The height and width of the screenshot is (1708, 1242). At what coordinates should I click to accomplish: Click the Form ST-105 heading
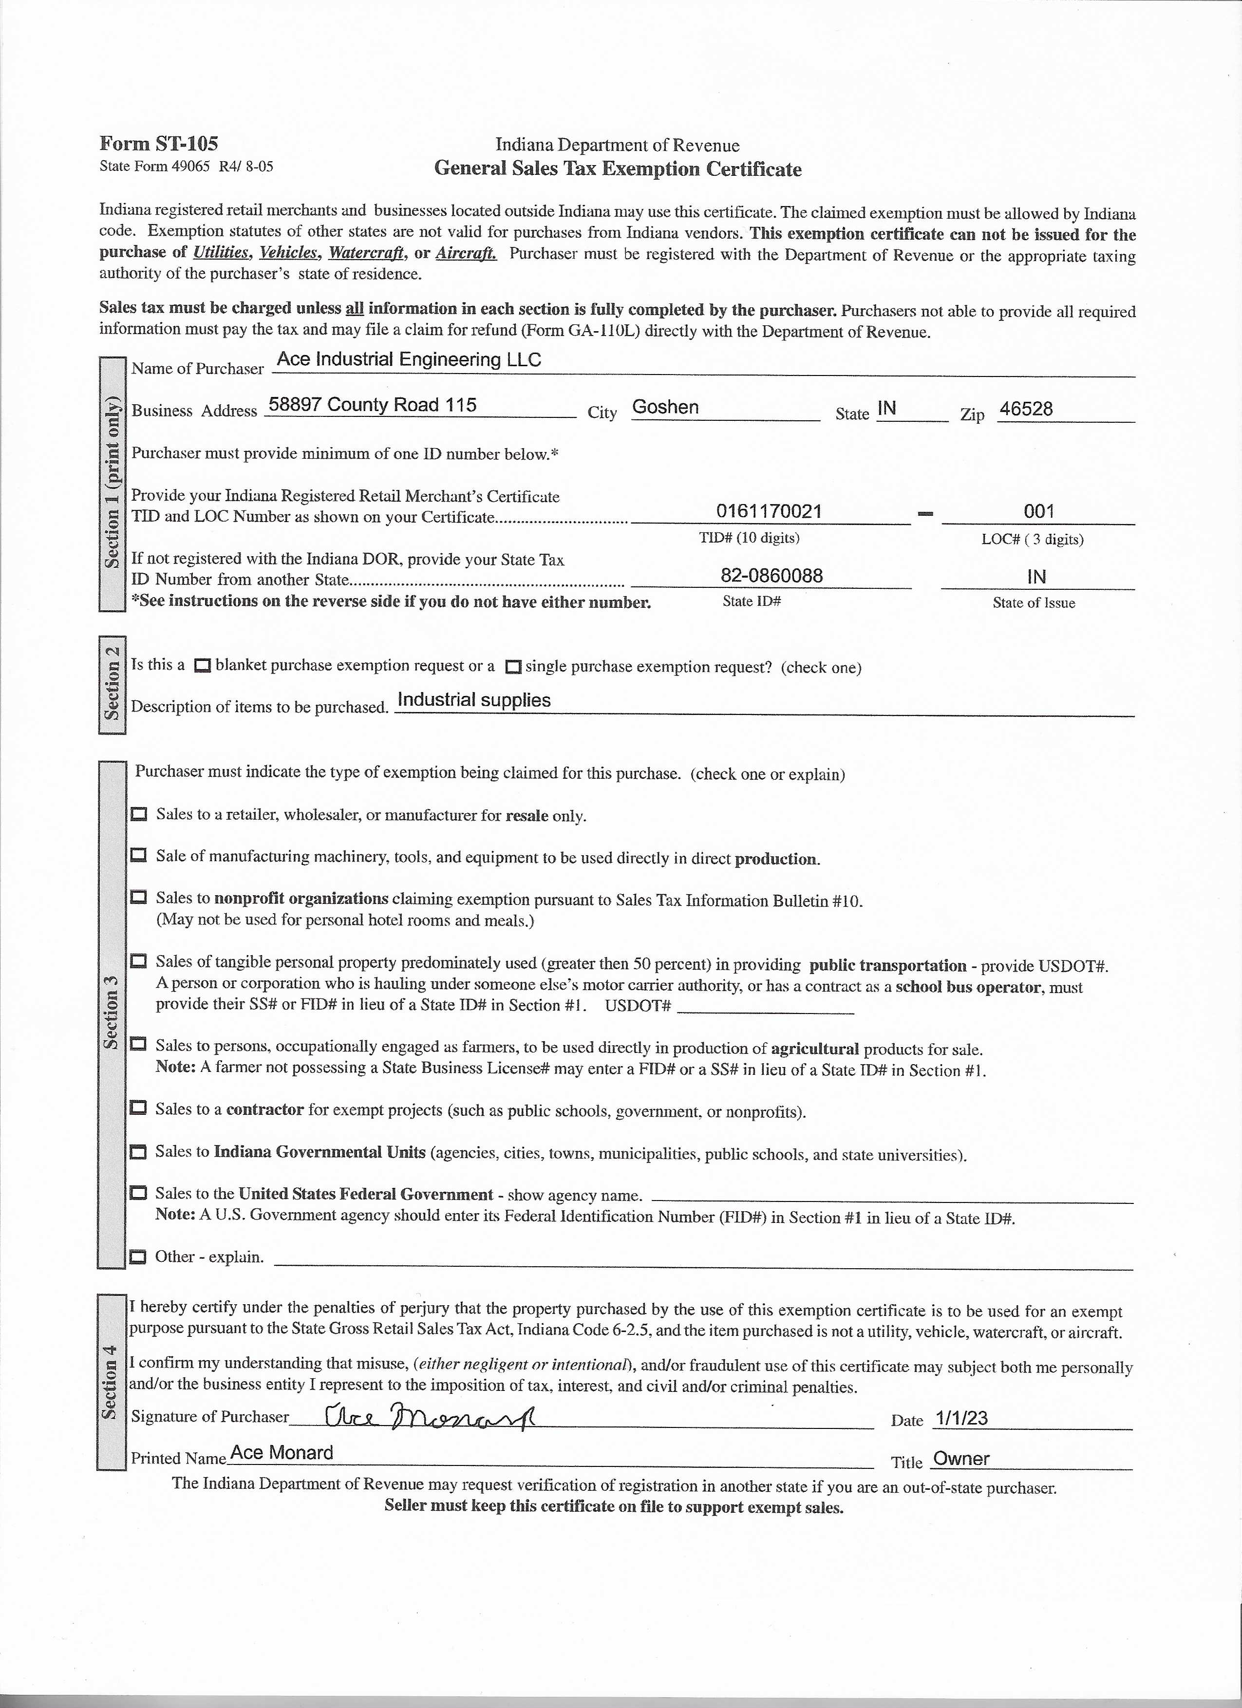tap(158, 144)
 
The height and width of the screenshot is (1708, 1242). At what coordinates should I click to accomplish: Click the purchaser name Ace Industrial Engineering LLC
tap(409, 360)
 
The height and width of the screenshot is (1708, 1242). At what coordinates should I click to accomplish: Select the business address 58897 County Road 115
tap(373, 405)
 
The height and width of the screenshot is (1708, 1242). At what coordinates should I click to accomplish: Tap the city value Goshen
tap(665, 408)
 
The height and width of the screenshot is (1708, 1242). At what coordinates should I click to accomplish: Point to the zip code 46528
tap(1025, 409)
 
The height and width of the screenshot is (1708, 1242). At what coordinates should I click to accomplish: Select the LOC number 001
tap(1038, 511)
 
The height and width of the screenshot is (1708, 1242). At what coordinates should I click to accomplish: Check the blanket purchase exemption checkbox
tap(202, 666)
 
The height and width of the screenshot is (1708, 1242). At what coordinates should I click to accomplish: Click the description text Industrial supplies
tap(474, 700)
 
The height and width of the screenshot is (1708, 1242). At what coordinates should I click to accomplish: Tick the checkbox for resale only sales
tap(139, 815)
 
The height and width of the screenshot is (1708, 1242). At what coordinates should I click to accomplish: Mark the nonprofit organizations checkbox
tap(139, 898)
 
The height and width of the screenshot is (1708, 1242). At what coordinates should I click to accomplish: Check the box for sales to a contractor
tap(139, 1108)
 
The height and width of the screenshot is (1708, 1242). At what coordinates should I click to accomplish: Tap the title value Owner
tap(961, 1459)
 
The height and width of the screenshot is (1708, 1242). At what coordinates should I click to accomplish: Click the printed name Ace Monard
tap(281, 1453)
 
